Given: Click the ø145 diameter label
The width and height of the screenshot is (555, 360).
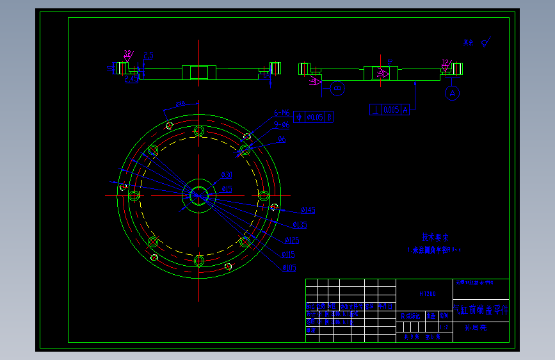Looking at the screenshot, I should pos(307,210).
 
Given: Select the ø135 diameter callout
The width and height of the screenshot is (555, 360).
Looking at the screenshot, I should pos(300,225).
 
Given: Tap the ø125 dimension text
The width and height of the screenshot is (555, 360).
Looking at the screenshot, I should pos(292,241).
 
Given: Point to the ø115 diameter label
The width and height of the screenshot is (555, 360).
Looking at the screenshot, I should pos(289,254).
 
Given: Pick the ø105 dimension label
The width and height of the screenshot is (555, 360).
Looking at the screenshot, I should pos(288,268).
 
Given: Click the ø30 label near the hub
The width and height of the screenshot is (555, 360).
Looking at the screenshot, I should pos(226,174).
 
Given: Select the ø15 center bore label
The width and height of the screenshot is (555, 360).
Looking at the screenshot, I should pos(226,189).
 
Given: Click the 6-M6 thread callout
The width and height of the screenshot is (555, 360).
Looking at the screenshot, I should pos(282,113).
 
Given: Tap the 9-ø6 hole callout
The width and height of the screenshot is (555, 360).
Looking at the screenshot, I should pos(282,125).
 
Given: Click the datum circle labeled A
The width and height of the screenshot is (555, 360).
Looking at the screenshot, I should pos(452,94).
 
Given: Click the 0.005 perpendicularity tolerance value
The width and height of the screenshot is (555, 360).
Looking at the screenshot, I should pos(391,110).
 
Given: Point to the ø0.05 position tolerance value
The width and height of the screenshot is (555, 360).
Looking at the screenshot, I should pos(316,117).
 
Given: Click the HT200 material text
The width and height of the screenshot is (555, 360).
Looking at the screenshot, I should pos(427,294).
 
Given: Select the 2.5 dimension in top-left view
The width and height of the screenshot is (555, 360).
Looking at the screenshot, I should pos(148,56).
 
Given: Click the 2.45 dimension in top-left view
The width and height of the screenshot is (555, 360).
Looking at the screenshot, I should pos(131,79).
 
